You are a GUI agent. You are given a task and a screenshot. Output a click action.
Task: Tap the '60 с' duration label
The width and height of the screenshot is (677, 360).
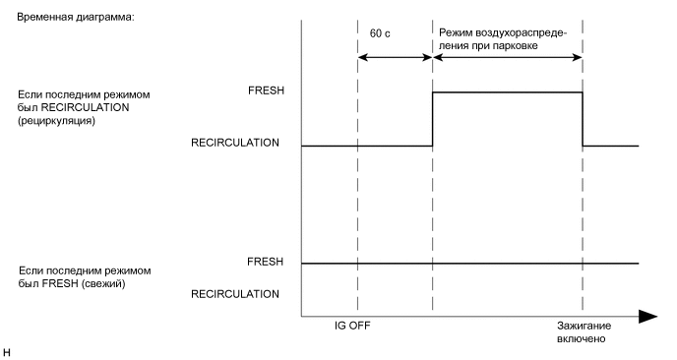click(x=380, y=32)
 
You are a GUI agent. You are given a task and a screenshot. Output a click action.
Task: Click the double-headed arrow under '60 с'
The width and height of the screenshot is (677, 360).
click(x=395, y=56)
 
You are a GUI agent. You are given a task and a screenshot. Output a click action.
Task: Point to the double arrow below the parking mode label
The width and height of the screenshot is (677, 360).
click(x=508, y=56)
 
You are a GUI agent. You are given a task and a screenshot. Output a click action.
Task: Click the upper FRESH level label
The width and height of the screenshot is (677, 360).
click(x=266, y=90)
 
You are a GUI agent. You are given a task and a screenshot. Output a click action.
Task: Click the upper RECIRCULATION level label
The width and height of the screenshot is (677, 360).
click(x=234, y=143)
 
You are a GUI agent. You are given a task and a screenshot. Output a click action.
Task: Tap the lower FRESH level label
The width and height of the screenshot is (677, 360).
click(x=266, y=262)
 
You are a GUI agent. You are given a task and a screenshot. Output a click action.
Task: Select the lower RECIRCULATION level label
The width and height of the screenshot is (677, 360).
click(x=234, y=293)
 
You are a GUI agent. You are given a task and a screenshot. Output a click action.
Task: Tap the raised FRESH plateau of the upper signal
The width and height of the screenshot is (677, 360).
click(x=507, y=92)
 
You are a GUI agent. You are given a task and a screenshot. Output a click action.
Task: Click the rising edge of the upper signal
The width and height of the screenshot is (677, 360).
click(x=433, y=119)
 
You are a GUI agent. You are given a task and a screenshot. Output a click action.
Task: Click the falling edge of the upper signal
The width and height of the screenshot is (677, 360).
click(x=583, y=119)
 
